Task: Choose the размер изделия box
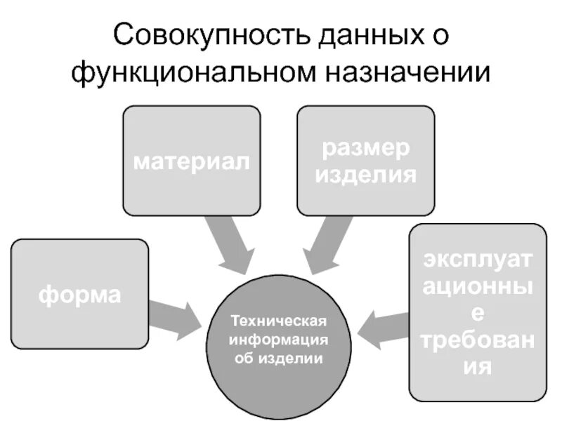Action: tap(365, 160)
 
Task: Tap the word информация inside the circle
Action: tap(279, 340)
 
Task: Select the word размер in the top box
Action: tap(365, 149)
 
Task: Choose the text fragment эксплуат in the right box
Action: tap(477, 260)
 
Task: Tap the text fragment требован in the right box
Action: tap(477, 341)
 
